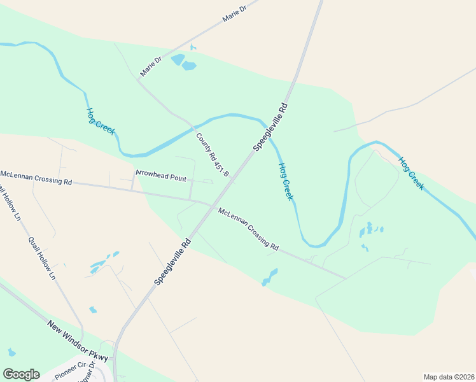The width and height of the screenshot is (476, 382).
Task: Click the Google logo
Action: [x=21, y=374]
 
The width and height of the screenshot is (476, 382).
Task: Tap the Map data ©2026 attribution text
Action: [x=449, y=377]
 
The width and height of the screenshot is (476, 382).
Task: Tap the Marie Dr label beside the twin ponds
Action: [x=151, y=66]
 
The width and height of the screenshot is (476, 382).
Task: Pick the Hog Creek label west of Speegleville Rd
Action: [x=100, y=120]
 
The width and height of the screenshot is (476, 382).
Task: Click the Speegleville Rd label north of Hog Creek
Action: [x=271, y=126]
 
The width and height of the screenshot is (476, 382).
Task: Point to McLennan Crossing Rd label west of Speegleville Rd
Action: [x=36, y=177]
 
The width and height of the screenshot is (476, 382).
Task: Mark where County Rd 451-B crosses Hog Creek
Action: [x=193, y=125]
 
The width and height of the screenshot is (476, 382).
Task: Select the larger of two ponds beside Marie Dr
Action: [x=190, y=66]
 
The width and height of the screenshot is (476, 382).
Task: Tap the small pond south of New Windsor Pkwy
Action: [x=11, y=352]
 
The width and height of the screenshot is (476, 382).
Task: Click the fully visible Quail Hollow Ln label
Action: [x=41, y=258]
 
